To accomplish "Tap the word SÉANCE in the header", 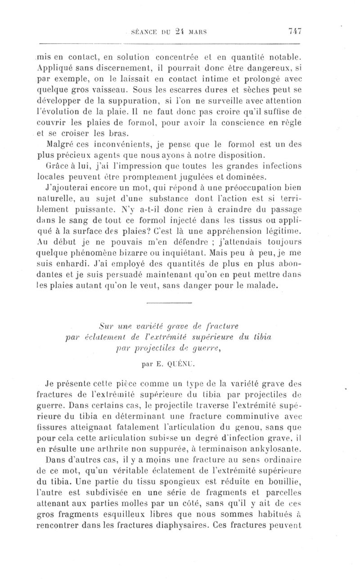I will [x=143, y=32].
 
